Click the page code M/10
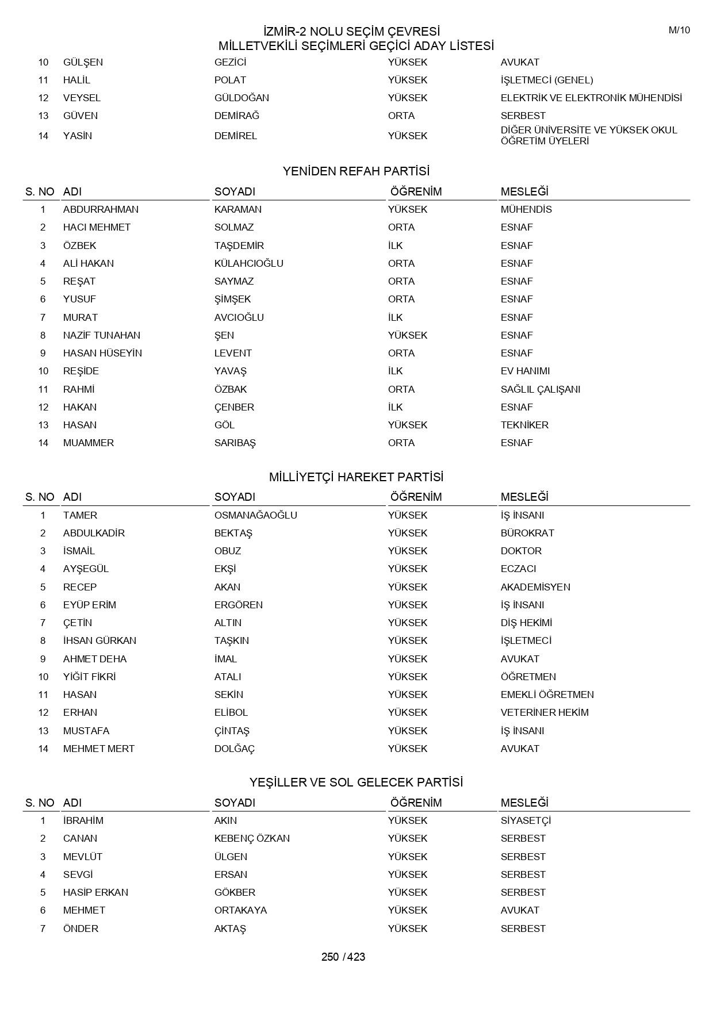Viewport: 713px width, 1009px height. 679,30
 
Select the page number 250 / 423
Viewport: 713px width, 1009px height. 343,957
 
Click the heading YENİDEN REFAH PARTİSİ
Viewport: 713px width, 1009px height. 356,171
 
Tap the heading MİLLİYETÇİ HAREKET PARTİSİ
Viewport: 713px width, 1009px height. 356,477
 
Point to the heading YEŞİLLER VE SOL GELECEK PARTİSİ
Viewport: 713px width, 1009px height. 356,782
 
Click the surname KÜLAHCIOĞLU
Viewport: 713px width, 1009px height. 248,263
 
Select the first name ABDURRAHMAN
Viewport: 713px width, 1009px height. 101,209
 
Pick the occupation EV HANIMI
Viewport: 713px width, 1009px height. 525,371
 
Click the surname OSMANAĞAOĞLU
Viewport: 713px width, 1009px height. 255,515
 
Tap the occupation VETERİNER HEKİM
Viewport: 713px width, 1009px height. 545,712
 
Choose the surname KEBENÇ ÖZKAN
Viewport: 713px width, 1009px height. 252,838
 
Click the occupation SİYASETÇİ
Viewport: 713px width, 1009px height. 526,820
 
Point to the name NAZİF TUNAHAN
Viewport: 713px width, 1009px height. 102,335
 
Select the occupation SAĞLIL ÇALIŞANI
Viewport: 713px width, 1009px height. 540,389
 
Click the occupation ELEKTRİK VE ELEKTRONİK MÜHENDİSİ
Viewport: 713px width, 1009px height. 591,98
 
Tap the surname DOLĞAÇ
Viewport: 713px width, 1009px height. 234,749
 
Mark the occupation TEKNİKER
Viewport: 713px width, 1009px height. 524,425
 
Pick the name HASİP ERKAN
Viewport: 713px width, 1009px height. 95,892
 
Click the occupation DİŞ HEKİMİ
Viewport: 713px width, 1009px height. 526,623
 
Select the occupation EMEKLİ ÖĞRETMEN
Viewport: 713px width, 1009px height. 547,695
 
